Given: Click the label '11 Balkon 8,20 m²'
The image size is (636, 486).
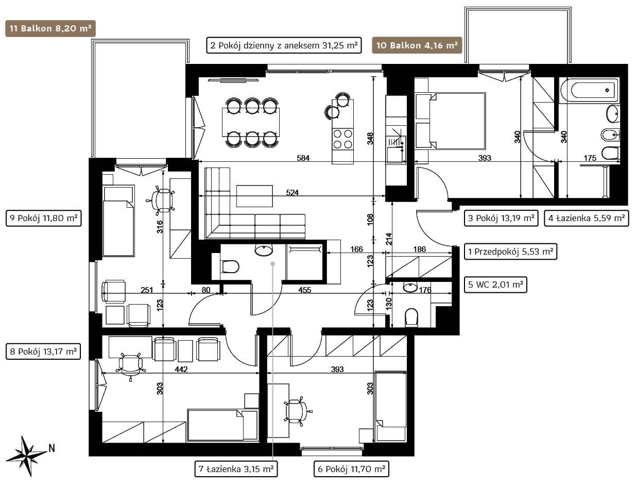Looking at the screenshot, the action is (50, 28).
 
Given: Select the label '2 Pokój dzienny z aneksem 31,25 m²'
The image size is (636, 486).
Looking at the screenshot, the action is (284, 45).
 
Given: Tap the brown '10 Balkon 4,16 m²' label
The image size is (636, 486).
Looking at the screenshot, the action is (417, 45).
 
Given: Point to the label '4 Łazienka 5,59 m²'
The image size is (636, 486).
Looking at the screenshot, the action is (586, 218).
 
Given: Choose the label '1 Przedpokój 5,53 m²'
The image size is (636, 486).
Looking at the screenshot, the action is (510, 252).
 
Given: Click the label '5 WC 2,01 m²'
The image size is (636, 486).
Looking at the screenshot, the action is (495, 284).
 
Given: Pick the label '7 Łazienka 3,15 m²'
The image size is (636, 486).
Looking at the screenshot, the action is (236, 469).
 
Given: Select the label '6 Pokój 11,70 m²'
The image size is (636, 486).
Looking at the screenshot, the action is (351, 469).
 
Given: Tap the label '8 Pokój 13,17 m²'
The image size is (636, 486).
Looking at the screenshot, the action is (43, 351).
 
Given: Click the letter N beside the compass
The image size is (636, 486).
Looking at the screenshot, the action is (51, 448).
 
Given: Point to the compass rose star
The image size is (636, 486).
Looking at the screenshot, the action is (26, 456).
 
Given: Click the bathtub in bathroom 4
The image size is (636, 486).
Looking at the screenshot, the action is (590, 90).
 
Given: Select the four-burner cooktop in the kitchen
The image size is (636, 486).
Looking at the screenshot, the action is (342, 139).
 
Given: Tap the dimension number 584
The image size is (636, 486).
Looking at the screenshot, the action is (303, 158).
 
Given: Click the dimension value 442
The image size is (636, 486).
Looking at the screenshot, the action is (181, 369).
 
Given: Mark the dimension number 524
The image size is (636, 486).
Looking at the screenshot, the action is (292, 193).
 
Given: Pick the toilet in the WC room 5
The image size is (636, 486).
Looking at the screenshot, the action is (411, 317).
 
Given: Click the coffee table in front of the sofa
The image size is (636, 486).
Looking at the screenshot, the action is (254, 196).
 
